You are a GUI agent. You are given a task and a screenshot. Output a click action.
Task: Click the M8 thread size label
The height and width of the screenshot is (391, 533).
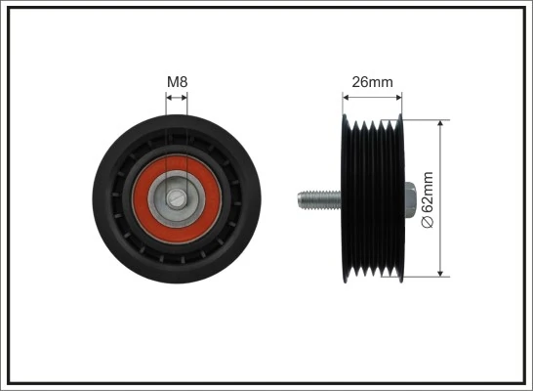coord(177,82)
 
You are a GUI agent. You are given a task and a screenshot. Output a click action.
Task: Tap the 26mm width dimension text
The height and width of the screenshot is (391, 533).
coord(372,82)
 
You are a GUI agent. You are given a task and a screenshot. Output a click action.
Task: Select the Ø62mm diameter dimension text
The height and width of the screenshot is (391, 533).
coord(426,200)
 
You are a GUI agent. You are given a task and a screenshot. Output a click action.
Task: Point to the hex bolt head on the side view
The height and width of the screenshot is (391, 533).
coord(410,199)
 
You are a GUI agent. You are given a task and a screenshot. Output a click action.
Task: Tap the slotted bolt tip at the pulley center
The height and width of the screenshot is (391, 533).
coord(177,199)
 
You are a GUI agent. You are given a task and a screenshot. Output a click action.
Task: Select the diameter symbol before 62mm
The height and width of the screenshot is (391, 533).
coord(426,224)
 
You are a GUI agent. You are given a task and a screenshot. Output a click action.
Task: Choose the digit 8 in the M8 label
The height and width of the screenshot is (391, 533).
coord(184,82)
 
